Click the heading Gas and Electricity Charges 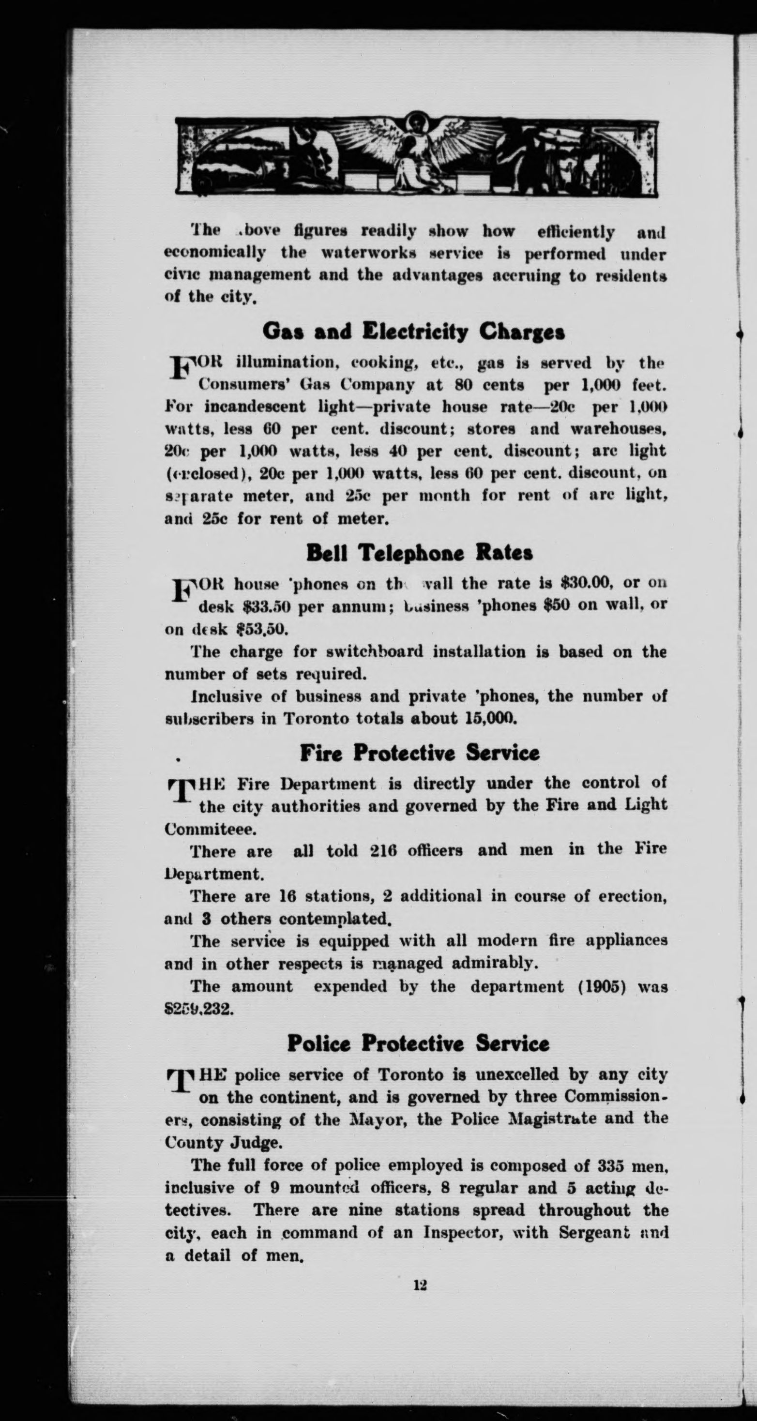413,332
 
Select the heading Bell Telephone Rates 419,553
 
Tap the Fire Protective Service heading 419,753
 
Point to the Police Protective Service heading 418,1043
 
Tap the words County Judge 224,1142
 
